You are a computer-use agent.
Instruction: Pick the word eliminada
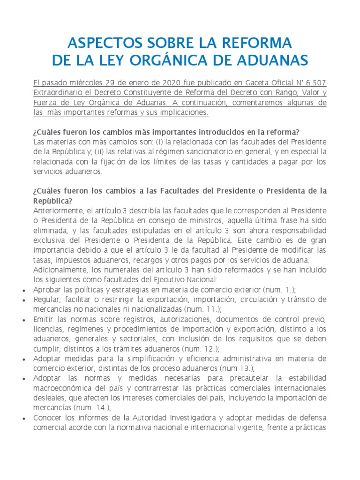tap(50, 231)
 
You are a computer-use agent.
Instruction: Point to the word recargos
tap(125, 260)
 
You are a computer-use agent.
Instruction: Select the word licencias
tap(48, 329)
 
